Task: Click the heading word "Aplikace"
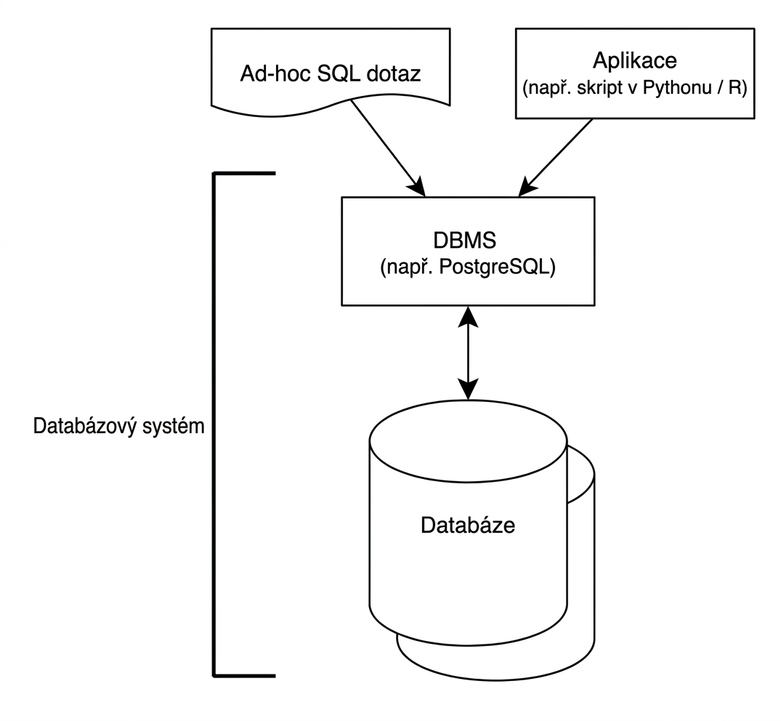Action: click(x=634, y=61)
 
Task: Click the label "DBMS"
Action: click(x=465, y=240)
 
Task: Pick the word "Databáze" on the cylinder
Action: click(x=468, y=525)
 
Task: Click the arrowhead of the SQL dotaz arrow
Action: click(x=418, y=188)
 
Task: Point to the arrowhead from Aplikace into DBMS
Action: click(x=526, y=188)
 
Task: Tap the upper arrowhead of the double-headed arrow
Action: click(x=468, y=316)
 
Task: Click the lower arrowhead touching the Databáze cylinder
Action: click(x=468, y=390)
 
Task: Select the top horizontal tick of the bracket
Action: click(x=245, y=174)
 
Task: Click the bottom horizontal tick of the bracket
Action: click(x=245, y=676)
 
